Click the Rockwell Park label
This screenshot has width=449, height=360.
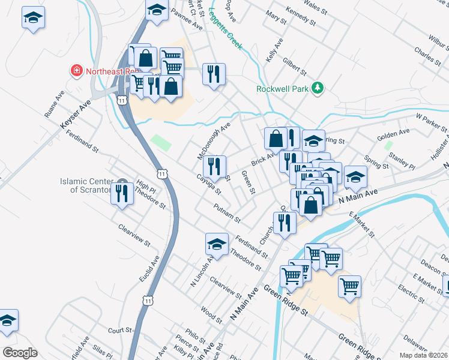282,89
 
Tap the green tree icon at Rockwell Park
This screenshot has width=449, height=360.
317,89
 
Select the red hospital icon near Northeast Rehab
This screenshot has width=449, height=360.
77,71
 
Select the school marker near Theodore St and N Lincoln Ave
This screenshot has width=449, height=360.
217,244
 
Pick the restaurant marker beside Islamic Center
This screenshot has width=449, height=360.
122,194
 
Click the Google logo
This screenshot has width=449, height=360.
20,352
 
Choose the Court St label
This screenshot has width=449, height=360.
119,330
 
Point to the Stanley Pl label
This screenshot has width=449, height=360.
402,160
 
